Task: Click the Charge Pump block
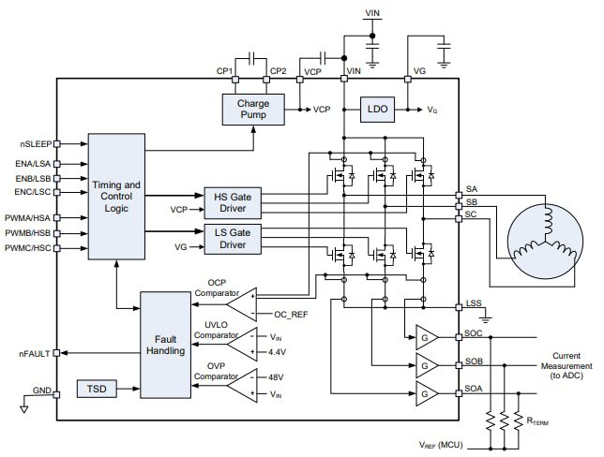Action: click(x=252, y=110)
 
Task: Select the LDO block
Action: click(x=376, y=110)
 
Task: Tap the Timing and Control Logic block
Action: click(x=117, y=196)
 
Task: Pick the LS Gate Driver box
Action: click(x=233, y=238)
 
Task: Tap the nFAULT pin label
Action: click(x=35, y=352)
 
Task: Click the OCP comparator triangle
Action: click(x=243, y=302)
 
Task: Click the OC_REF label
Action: click(x=291, y=315)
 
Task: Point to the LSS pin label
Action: click(x=475, y=304)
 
